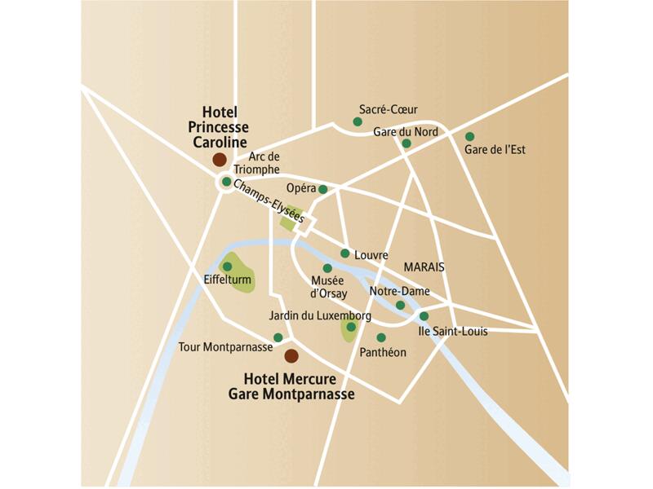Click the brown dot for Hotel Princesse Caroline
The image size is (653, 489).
point(219,160)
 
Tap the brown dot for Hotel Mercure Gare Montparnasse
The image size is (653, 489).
point(291,355)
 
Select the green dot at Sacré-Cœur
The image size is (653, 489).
point(357,122)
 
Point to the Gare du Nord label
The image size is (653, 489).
point(406,131)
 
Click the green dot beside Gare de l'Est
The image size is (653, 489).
point(469,136)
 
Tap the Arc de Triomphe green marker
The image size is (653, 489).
point(226,182)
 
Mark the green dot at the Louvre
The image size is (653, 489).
point(345,253)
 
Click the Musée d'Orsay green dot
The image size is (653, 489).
point(327,268)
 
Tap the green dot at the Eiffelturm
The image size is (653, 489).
point(227,267)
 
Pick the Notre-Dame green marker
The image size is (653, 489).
point(400,306)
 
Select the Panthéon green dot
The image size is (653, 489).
point(380,337)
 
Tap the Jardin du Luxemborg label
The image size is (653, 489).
point(320,315)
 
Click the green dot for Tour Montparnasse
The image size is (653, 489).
point(278,337)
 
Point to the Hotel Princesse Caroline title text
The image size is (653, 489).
point(218,127)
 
